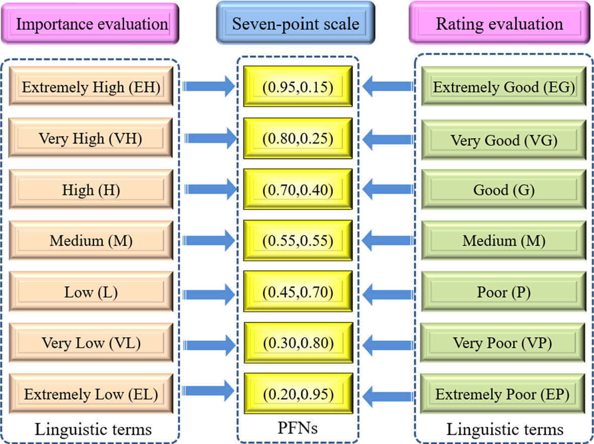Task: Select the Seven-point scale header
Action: [295, 23]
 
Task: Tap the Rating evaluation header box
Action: [499, 24]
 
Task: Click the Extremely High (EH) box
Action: [91, 88]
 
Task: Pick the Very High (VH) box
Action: [91, 138]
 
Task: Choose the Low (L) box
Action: [91, 292]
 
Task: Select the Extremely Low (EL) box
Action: [91, 394]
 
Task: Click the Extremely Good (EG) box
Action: [503, 88]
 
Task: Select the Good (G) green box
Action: [503, 190]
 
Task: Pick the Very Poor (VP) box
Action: [503, 343]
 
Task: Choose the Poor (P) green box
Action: [503, 292]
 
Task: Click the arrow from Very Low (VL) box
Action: [209, 343]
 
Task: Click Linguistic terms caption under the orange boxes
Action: [93, 429]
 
